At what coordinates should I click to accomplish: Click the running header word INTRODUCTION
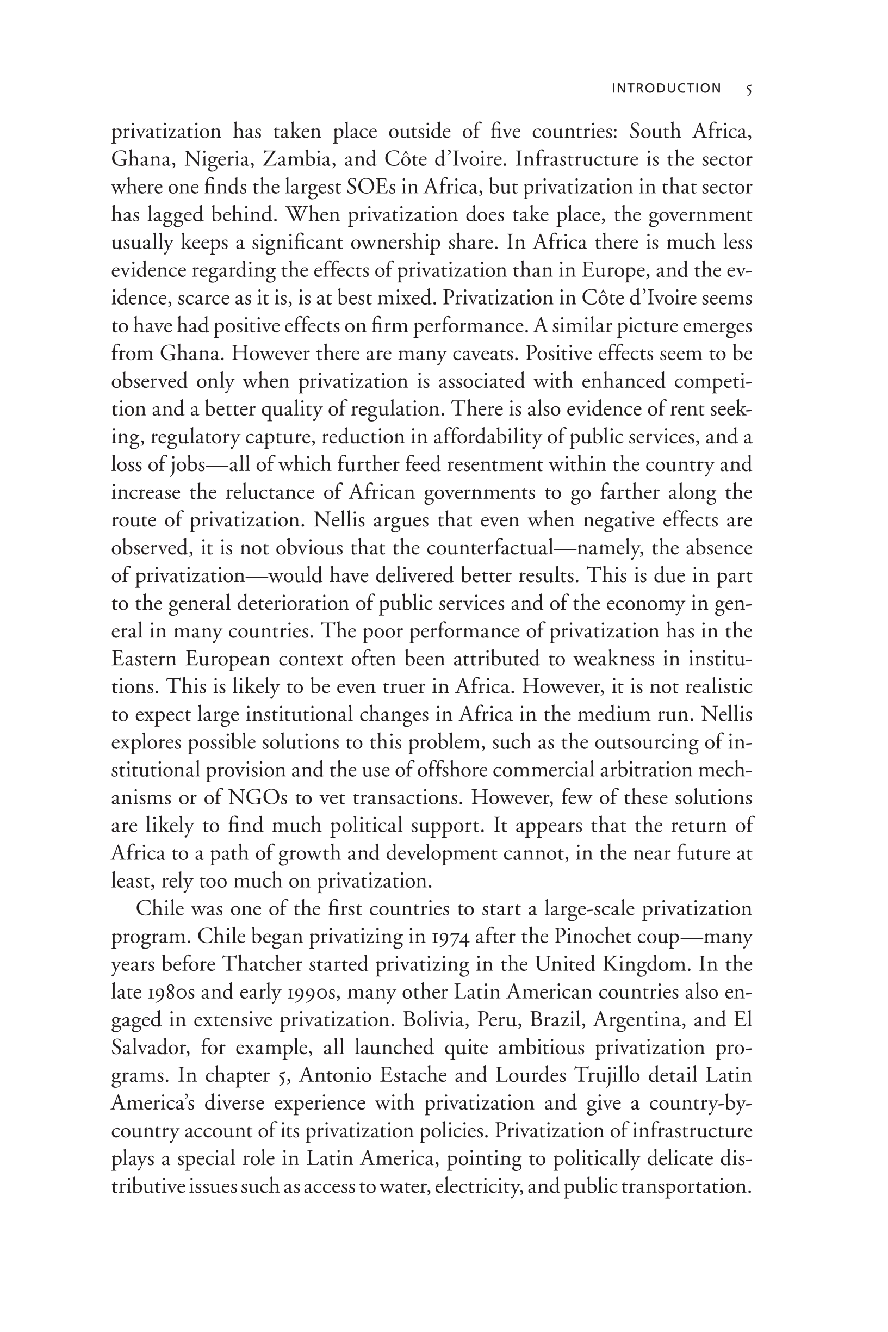(666, 88)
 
